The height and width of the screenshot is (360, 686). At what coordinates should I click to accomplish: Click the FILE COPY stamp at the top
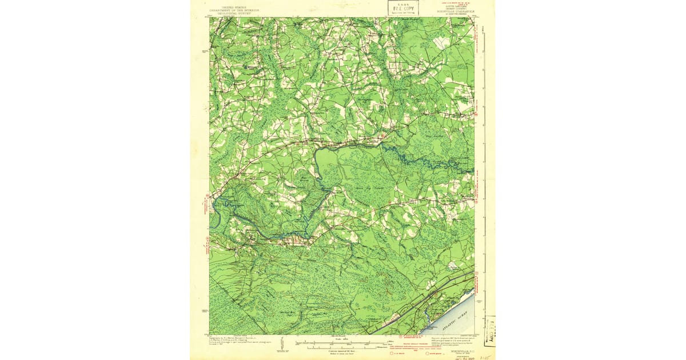pos(403,8)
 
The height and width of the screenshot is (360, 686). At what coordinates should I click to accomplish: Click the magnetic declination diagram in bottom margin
pos(282,343)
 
